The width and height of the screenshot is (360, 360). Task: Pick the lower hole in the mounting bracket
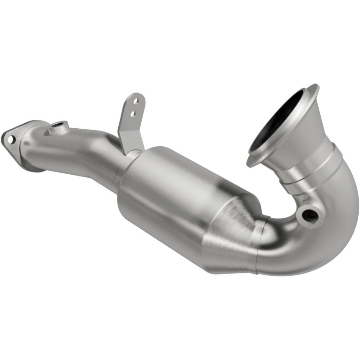132,114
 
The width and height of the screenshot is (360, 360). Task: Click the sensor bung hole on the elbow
310,215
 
